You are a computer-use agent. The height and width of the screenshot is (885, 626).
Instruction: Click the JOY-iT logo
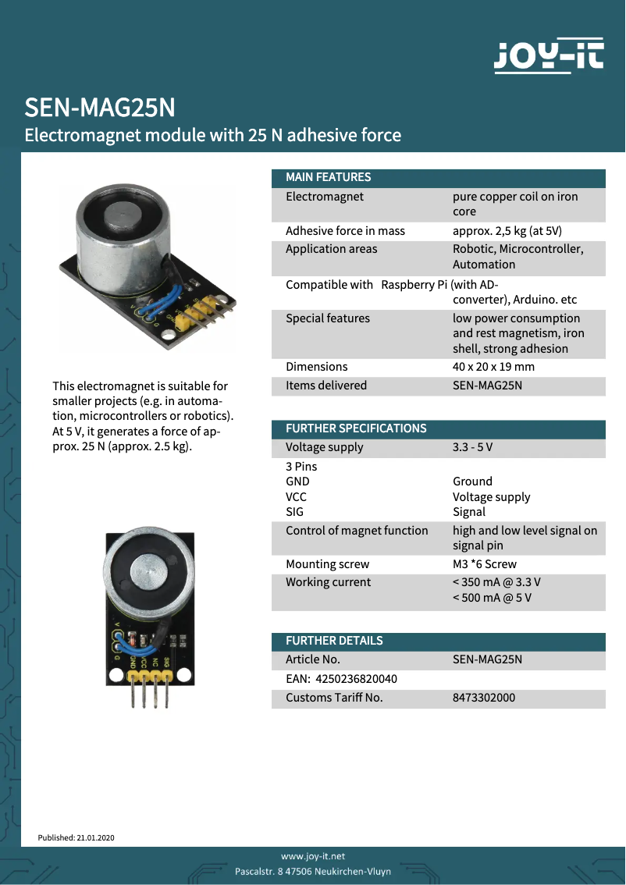550,56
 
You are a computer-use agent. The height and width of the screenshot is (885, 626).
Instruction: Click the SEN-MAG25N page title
100,107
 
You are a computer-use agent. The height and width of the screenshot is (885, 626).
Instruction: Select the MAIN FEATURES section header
329,177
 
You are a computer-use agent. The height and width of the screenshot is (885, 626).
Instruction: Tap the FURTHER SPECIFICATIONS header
356,428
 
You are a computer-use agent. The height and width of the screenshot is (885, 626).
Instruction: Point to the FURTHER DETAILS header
334,641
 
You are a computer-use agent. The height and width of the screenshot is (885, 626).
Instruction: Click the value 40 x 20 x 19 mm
493,367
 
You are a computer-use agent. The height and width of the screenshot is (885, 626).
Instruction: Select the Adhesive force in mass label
345,231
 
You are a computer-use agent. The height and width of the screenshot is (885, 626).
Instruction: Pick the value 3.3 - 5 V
472,448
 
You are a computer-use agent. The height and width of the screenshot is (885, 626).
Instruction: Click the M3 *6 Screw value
484,564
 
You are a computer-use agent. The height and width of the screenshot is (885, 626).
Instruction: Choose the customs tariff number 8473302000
484,698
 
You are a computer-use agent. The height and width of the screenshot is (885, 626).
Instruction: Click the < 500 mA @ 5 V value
492,599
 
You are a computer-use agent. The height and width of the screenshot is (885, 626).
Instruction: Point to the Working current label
328,582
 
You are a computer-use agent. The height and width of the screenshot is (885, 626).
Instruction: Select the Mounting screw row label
327,564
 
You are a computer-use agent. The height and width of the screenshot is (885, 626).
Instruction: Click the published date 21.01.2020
95,837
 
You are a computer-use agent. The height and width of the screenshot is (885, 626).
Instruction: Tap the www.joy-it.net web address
313,856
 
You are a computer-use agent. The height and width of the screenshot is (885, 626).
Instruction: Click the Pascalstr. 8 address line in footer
313,871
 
